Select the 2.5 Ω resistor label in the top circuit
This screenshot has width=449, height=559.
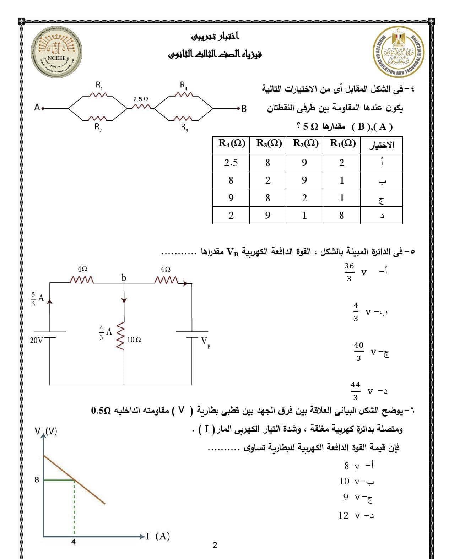click(x=141, y=98)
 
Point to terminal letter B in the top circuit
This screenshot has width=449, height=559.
click(x=244, y=108)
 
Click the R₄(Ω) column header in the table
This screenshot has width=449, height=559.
click(x=231, y=144)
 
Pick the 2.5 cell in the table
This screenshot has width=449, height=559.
click(x=231, y=163)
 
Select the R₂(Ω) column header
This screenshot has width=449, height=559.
click(x=305, y=143)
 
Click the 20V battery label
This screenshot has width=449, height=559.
click(x=36, y=340)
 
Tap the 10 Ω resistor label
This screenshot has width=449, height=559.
click(x=134, y=340)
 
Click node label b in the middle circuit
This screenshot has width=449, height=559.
click(x=124, y=277)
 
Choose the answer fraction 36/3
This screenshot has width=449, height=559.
click(x=349, y=272)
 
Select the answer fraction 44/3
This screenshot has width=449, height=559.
click(x=355, y=391)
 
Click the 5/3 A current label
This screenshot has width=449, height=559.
click(x=37, y=299)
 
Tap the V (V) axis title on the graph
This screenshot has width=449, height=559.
click(x=46, y=432)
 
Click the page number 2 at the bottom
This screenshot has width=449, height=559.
click(x=215, y=545)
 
